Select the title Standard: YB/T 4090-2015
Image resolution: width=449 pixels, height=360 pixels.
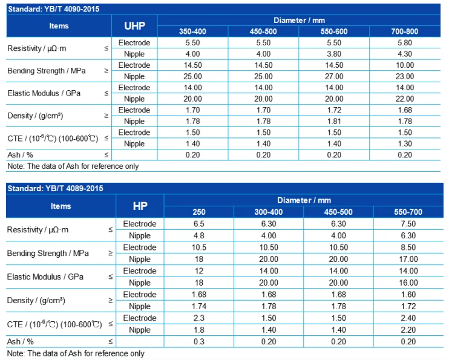click(53, 9)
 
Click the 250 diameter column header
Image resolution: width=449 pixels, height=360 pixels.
click(199, 212)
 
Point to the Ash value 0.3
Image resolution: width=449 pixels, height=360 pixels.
click(199, 341)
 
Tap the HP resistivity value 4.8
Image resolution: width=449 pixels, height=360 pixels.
click(199, 235)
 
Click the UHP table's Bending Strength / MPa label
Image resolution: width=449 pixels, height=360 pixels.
click(47, 71)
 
